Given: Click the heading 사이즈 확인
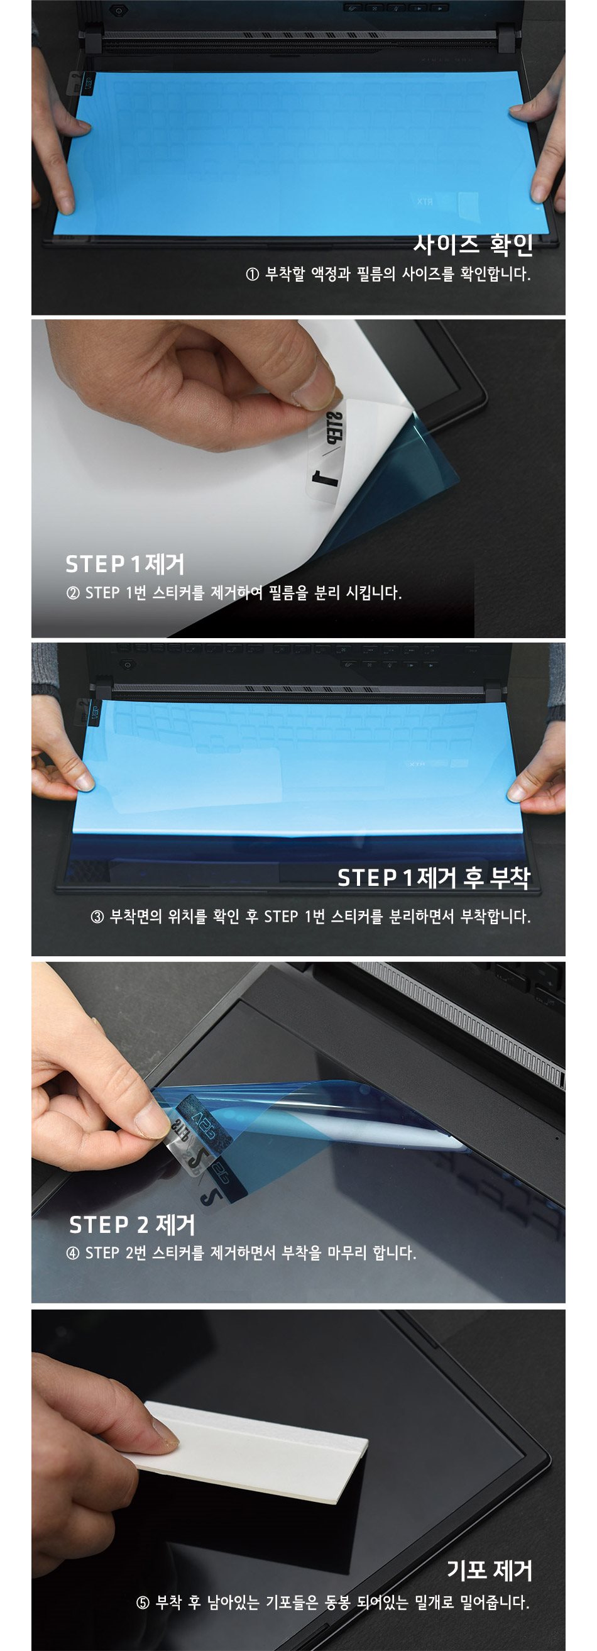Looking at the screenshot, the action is point(473,243).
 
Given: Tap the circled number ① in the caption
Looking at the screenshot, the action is point(252,274).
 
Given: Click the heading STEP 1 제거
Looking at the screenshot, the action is point(125,564).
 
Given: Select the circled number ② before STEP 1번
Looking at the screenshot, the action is point(72,593).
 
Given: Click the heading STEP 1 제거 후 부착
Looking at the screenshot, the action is point(434,878).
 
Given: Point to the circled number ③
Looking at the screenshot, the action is point(97,917).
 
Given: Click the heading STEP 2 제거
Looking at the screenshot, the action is point(132,1225).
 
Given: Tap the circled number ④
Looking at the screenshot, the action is point(72,1254).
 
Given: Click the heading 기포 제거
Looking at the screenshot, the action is point(490,1571).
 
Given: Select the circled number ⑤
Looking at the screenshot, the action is point(143,1603).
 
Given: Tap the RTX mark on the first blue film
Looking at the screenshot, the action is point(425,202).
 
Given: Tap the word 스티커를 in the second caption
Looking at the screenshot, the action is point(178,593).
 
